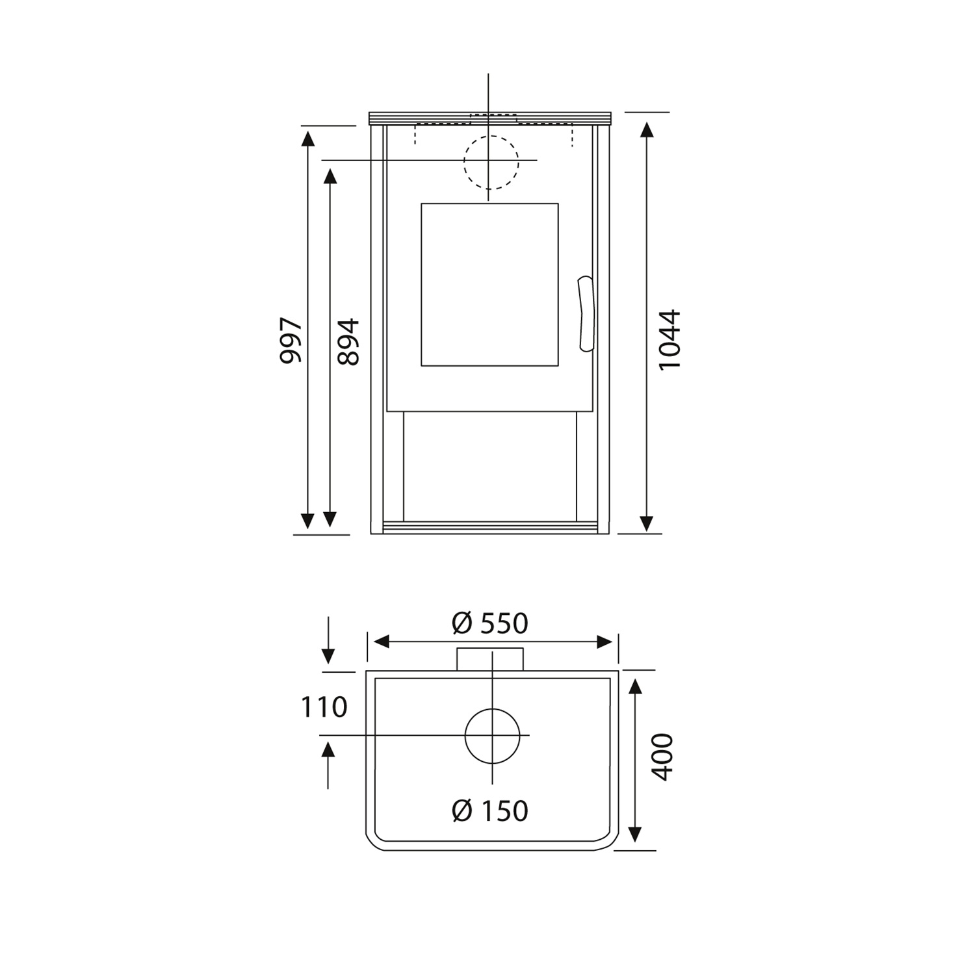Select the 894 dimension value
[348, 341]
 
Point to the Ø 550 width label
[490, 624]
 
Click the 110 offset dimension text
[324, 707]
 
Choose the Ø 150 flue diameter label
[490, 811]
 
